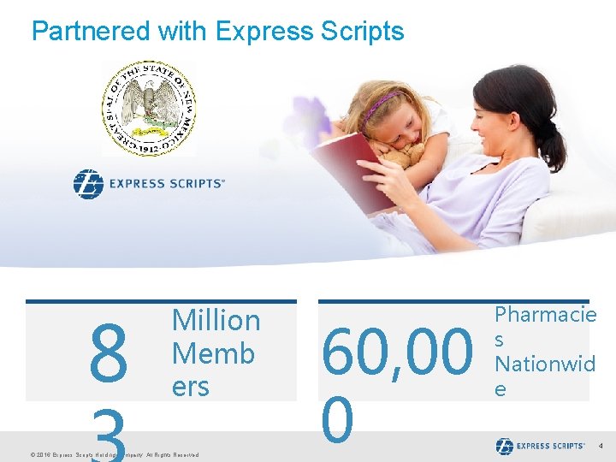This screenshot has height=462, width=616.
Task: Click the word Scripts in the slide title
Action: click(359, 32)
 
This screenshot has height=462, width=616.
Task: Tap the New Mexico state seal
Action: click(149, 108)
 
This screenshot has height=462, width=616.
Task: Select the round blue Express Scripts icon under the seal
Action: click(87, 184)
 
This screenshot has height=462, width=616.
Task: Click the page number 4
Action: click(601, 447)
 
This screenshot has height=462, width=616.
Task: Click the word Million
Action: click(216, 321)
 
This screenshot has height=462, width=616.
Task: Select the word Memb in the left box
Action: click(213, 353)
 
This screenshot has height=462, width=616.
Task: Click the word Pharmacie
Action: click(545, 315)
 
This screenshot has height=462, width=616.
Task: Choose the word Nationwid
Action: click(545, 364)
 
